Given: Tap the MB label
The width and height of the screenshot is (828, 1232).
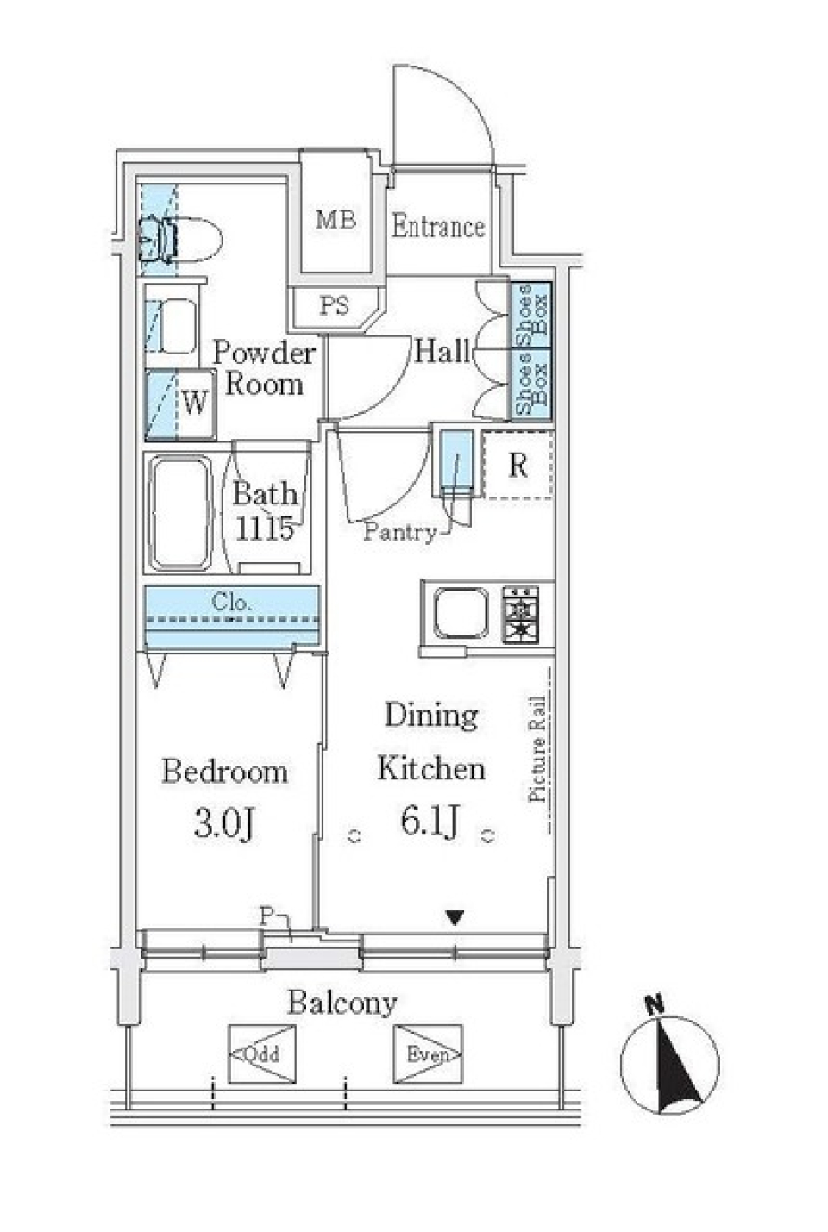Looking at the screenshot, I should [x=336, y=220].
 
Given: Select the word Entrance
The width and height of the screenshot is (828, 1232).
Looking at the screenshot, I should [x=437, y=227].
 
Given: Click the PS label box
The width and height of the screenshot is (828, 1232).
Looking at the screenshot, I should [x=335, y=306].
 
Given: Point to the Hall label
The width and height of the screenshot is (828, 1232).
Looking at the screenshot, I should [x=442, y=351].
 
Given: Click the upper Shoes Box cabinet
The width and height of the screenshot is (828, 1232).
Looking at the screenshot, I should [x=530, y=315].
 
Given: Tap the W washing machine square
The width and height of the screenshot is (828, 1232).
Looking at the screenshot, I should [x=196, y=402].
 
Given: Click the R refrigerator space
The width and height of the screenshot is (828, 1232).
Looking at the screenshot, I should [x=517, y=466].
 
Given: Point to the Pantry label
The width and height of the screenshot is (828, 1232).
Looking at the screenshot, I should [x=399, y=532].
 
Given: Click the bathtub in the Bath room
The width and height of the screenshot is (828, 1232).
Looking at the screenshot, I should [x=181, y=513].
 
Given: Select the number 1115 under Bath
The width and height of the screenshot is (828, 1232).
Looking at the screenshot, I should [x=265, y=528].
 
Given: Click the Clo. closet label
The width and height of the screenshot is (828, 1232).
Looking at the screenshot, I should [x=231, y=603].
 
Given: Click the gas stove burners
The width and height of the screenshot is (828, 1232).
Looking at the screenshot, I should [x=520, y=613].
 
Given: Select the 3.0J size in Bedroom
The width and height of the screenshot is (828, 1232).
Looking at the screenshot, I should [x=223, y=823].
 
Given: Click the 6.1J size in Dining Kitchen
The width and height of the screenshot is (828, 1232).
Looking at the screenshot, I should [x=430, y=821].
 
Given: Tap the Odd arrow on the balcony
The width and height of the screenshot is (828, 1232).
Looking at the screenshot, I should [x=260, y=1054].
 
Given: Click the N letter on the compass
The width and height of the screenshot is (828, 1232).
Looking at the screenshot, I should [x=655, y=1004].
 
